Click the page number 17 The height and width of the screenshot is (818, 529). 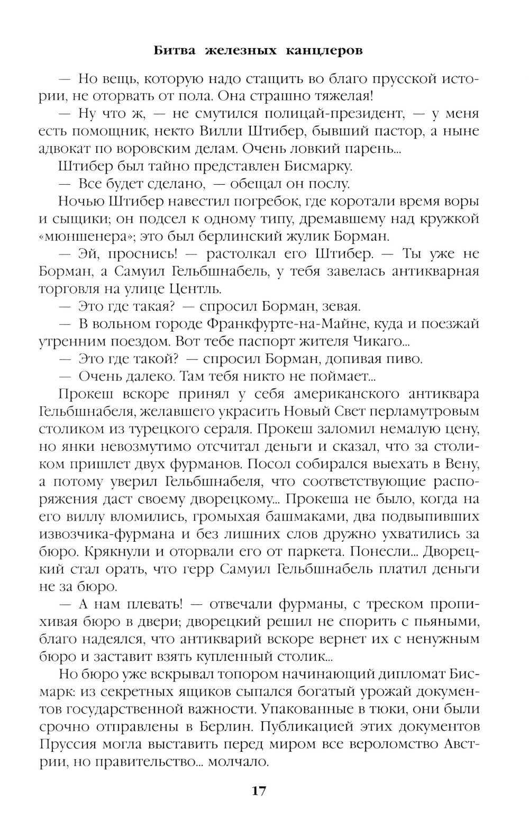(x=259, y=791)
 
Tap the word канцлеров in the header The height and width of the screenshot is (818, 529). (x=325, y=51)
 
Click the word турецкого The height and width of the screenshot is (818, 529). (x=178, y=429)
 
